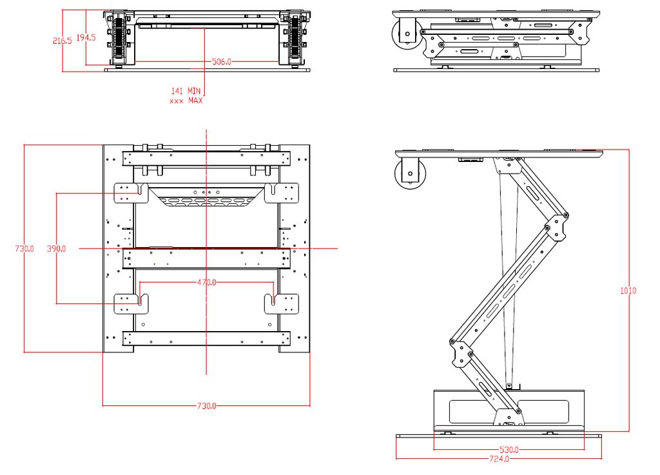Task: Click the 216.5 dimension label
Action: [x=62, y=41]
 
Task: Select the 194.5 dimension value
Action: [x=86, y=38]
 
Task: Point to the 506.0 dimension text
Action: [x=221, y=62]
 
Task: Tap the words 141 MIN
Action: [x=186, y=92]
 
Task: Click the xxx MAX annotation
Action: [x=186, y=101]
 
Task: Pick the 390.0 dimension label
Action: [x=57, y=248]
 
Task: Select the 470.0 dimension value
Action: [x=206, y=283]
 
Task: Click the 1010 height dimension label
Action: [x=628, y=290]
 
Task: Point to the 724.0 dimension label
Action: [x=499, y=459]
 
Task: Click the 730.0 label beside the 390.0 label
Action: [x=24, y=248]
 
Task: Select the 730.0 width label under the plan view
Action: [x=206, y=406]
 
